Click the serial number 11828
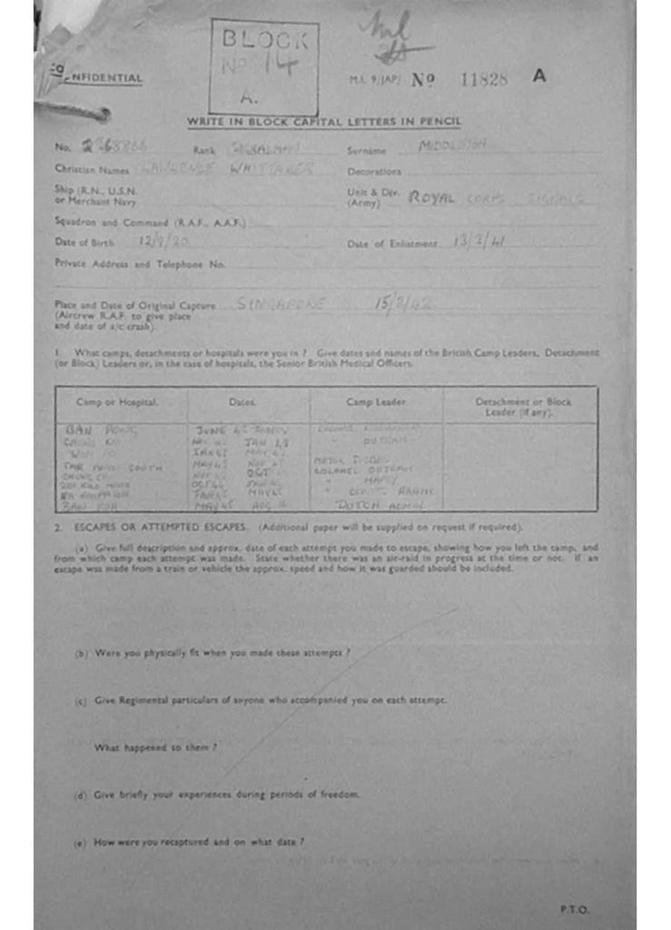click(484, 79)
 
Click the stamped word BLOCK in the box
click(263, 39)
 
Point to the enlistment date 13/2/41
click(479, 242)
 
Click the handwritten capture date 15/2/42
click(402, 304)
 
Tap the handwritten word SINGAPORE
click(280, 304)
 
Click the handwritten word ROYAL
click(430, 197)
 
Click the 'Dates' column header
click(242, 401)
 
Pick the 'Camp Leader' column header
click(376, 401)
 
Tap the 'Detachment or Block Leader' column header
click(523, 406)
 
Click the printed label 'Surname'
click(366, 150)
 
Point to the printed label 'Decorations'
click(373, 172)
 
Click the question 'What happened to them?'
click(155, 747)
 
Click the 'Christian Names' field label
click(91, 169)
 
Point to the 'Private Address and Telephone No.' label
click(139, 264)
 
